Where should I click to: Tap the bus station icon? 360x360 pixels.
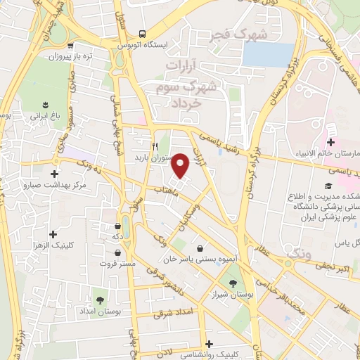pos(143,33)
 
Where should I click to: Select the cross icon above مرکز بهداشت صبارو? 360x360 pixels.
pos(55,174)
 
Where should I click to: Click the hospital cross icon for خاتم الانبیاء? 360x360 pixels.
pos(330,143)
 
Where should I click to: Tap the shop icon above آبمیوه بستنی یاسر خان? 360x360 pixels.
pos(201,247)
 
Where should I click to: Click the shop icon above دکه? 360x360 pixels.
pos(117,226)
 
